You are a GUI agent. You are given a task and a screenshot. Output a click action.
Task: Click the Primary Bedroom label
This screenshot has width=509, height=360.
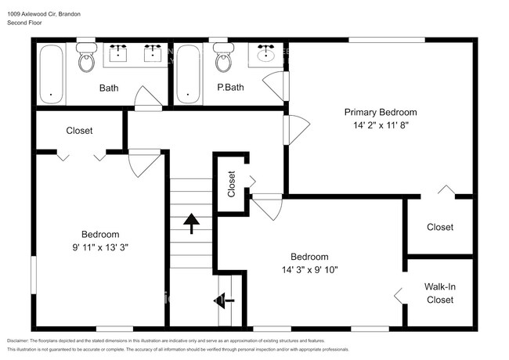pyautogui.click(x=381, y=113)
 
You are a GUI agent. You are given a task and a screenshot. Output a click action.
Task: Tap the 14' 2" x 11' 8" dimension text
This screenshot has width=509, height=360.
pyautogui.click(x=381, y=125)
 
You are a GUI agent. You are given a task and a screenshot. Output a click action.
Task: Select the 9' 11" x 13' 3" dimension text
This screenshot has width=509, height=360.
pyautogui.click(x=100, y=247)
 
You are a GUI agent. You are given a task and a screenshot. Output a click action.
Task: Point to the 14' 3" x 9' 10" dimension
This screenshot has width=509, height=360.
pyautogui.click(x=309, y=270)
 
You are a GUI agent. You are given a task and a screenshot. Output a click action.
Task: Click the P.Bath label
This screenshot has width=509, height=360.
pyautogui.click(x=230, y=87)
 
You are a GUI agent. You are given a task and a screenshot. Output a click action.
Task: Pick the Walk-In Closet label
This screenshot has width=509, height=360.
pyautogui.click(x=440, y=293)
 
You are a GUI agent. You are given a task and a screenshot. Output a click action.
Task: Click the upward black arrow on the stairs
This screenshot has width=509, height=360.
pyautogui.click(x=191, y=224)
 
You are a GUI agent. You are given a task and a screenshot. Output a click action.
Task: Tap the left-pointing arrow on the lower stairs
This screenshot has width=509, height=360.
pyautogui.click(x=224, y=301)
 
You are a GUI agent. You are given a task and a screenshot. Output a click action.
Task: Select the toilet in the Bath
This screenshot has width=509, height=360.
pyautogui.click(x=87, y=57)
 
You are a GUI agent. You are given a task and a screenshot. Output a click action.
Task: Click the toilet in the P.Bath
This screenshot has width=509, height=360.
pyautogui.click(x=224, y=57)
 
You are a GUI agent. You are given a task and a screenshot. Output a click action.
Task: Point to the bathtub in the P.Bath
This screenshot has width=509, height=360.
pyautogui.click(x=188, y=74)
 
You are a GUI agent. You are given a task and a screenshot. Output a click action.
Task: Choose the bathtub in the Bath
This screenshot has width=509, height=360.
pyautogui.click(x=51, y=74)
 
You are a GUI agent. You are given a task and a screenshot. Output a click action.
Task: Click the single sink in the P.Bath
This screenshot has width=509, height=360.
pyautogui.click(x=266, y=53)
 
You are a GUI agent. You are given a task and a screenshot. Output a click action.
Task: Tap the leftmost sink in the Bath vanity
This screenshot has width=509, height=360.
pyautogui.click(x=117, y=53)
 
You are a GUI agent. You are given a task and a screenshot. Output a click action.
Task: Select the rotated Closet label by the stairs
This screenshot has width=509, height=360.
pyautogui.click(x=231, y=184)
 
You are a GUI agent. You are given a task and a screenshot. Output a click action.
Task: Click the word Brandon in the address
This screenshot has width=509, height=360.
pyautogui.click(x=70, y=14)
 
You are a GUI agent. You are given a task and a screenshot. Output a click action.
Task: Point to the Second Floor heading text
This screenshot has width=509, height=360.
pyautogui.click(x=25, y=23)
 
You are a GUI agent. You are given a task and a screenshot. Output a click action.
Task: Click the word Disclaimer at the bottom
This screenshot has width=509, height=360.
pyautogui.click(x=18, y=341)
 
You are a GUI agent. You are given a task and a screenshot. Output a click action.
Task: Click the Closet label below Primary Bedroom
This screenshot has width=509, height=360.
pyautogui.click(x=440, y=227)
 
